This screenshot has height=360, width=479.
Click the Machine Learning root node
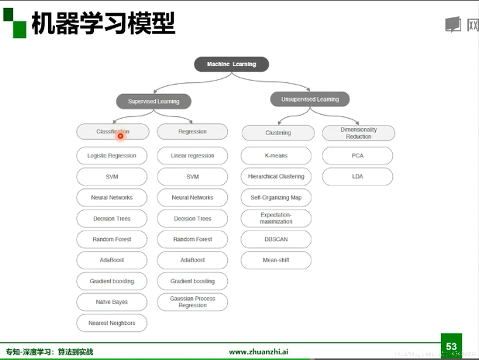[x=232, y=64]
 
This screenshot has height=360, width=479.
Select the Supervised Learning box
[x=154, y=101]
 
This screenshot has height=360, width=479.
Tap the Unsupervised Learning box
[x=310, y=99]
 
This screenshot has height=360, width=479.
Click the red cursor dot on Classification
[x=120, y=136]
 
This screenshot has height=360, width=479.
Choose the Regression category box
[x=192, y=132]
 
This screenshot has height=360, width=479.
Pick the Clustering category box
[x=278, y=133]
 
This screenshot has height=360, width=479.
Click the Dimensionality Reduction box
[x=358, y=133]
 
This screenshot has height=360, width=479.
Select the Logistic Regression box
[x=112, y=156]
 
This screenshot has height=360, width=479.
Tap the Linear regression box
[x=192, y=156]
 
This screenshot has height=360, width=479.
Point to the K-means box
[x=276, y=156]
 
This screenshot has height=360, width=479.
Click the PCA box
[x=357, y=156]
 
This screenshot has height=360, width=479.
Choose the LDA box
[x=357, y=176]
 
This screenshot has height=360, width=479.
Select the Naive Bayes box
[x=112, y=302]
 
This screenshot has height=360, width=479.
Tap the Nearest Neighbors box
[x=112, y=323]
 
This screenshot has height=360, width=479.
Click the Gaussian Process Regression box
[x=192, y=302]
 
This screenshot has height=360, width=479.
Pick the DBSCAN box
[x=276, y=239]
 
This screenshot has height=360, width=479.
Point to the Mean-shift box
[x=276, y=260]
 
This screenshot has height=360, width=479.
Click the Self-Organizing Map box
[x=276, y=198]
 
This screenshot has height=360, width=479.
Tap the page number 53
[x=451, y=346]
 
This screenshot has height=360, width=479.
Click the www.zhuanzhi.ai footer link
[x=258, y=352]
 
